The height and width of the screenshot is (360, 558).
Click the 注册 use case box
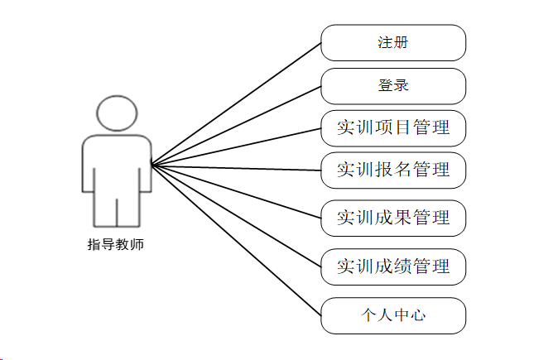393,43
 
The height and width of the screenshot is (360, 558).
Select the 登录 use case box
393,86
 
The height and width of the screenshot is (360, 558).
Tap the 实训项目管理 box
393,128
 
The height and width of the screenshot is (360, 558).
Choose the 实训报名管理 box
393,170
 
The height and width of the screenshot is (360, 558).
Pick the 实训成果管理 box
393,218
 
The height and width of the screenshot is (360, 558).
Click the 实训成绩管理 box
393,266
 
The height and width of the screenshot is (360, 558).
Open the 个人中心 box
393,315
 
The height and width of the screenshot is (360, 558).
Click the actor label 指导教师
116,245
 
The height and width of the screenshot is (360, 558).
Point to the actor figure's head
116,113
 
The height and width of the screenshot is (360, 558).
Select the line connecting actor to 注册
236,103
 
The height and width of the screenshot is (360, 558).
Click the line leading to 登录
236,124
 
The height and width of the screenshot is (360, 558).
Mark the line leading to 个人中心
236,240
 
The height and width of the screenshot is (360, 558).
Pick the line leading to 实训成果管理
236,191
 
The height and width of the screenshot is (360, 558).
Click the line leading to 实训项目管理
236,146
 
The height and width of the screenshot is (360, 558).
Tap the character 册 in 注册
401,43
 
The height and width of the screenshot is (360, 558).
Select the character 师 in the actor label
137,245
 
